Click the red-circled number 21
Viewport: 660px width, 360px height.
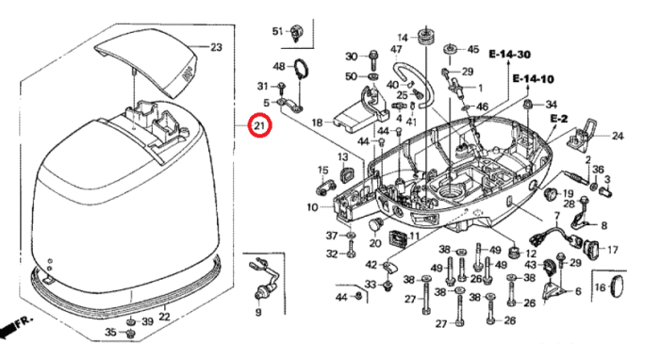pyautogui.click(x=259, y=125)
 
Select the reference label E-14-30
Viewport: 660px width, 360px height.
pyautogui.click(x=509, y=55)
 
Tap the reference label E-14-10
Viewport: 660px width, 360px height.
pyautogui.click(x=533, y=78)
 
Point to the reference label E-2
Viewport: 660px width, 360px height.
pyautogui.click(x=559, y=119)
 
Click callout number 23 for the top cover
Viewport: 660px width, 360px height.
pyautogui.click(x=216, y=47)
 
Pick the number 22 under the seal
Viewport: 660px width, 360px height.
pyautogui.click(x=164, y=317)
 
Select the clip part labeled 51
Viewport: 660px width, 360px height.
pyautogui.click(x=297, y=33)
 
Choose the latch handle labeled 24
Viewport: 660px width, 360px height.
pyautogui.click(x=584, y=133)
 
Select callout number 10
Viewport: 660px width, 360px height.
pyautogui.click(x=312, y=207)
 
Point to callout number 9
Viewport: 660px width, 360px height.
pyautogui.click(x=258, y=312)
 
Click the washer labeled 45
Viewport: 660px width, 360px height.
pyautogui.click(x=451, y=48)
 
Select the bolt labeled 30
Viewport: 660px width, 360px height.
pyautogui.click(x=373, y=60)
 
